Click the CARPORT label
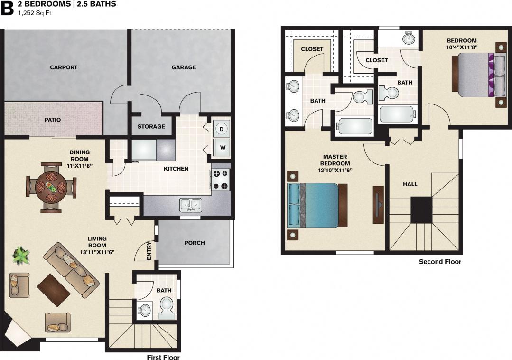point(64,67)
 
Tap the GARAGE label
point(184,67)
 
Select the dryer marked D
point(222,128)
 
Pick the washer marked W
point(222,147)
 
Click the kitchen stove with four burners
point(221,180)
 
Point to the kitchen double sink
point(191,205)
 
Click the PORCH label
point(195,243)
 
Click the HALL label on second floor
point(410,184)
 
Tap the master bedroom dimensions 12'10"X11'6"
point(335,170)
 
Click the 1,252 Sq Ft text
point(34,13)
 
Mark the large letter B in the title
point(7,9)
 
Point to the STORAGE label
point(151,126)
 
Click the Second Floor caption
point(440,262)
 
